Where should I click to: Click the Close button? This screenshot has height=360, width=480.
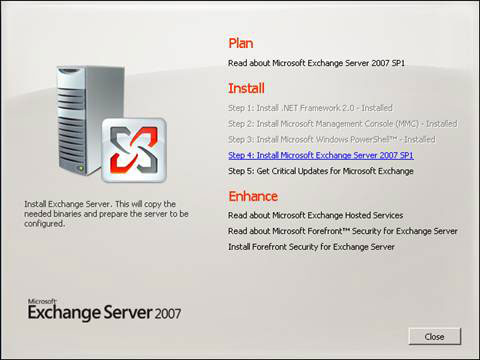coord(434,336)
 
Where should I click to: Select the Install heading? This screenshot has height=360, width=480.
coord(245,88)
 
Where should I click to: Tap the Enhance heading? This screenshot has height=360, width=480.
coord(252,196)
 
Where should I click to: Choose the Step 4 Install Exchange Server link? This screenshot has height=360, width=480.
coord(321,156)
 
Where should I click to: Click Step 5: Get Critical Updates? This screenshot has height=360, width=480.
coord(321,172)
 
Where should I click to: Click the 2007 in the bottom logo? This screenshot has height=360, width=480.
coord(167,314)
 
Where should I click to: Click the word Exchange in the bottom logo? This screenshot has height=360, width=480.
coord(60,314)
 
